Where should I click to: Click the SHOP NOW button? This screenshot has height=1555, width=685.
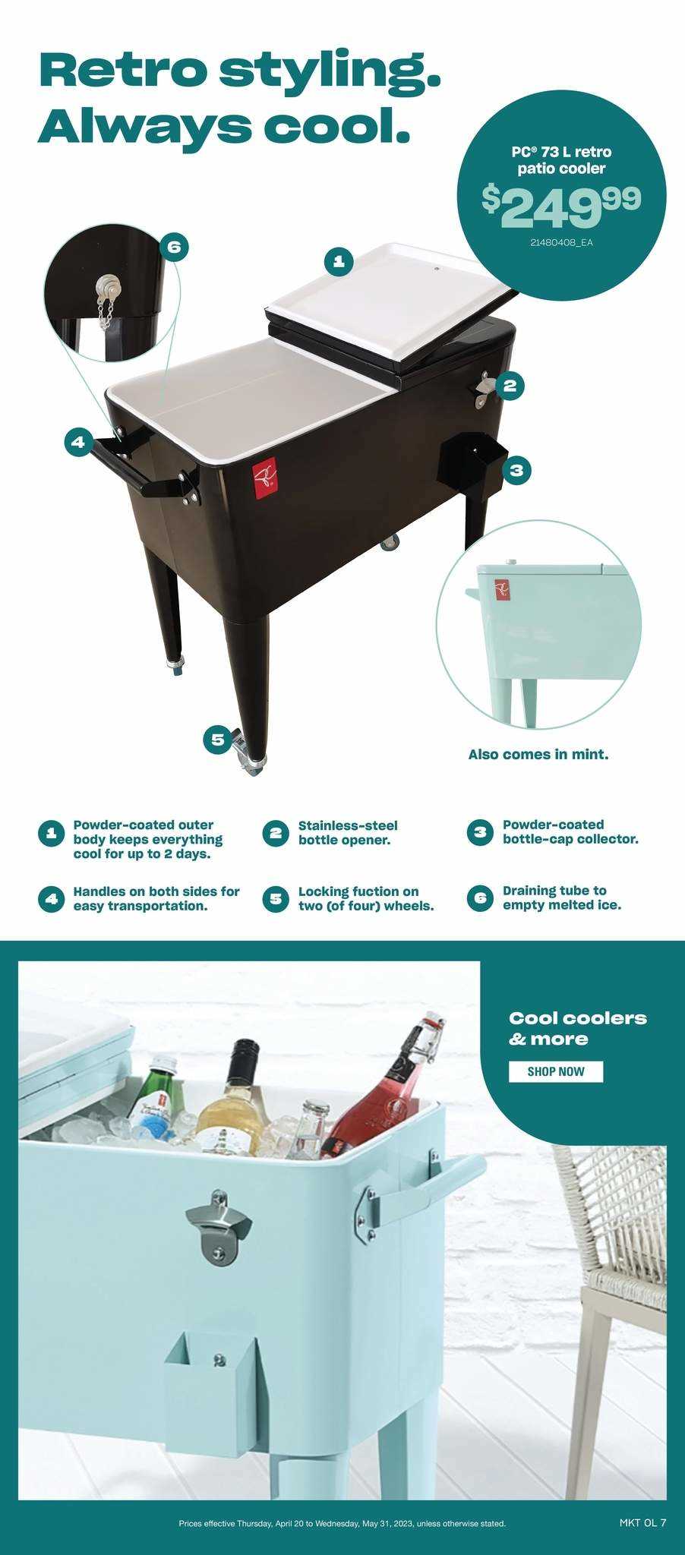pyautogui.click(x=555, y=1071)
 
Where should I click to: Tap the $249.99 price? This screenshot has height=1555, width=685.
pyautogui.click(x=561, y=205)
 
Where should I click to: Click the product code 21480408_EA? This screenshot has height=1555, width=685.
pyautogui.click(x=561, y=244)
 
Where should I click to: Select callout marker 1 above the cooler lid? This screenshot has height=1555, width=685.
pyautogui.click(x=339, y=262)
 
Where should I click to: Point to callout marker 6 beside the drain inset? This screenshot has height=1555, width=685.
pyautogui.click(x=174, y=246)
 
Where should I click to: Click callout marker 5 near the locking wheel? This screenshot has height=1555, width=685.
pyautogui.click(x=218, y=739)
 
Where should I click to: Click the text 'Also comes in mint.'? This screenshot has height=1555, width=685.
pyautogui.click(x=538, y=755)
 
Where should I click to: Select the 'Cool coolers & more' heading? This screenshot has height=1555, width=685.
pyautogui.click(x=578, y=1028)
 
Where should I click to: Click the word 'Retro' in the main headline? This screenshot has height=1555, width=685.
pyautogui.click(x=122, y=71)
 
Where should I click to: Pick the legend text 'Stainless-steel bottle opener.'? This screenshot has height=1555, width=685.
pyautogui.click(x=348, y=832)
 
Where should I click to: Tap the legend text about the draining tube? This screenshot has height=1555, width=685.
pyautogui.click(x=561, y=897)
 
